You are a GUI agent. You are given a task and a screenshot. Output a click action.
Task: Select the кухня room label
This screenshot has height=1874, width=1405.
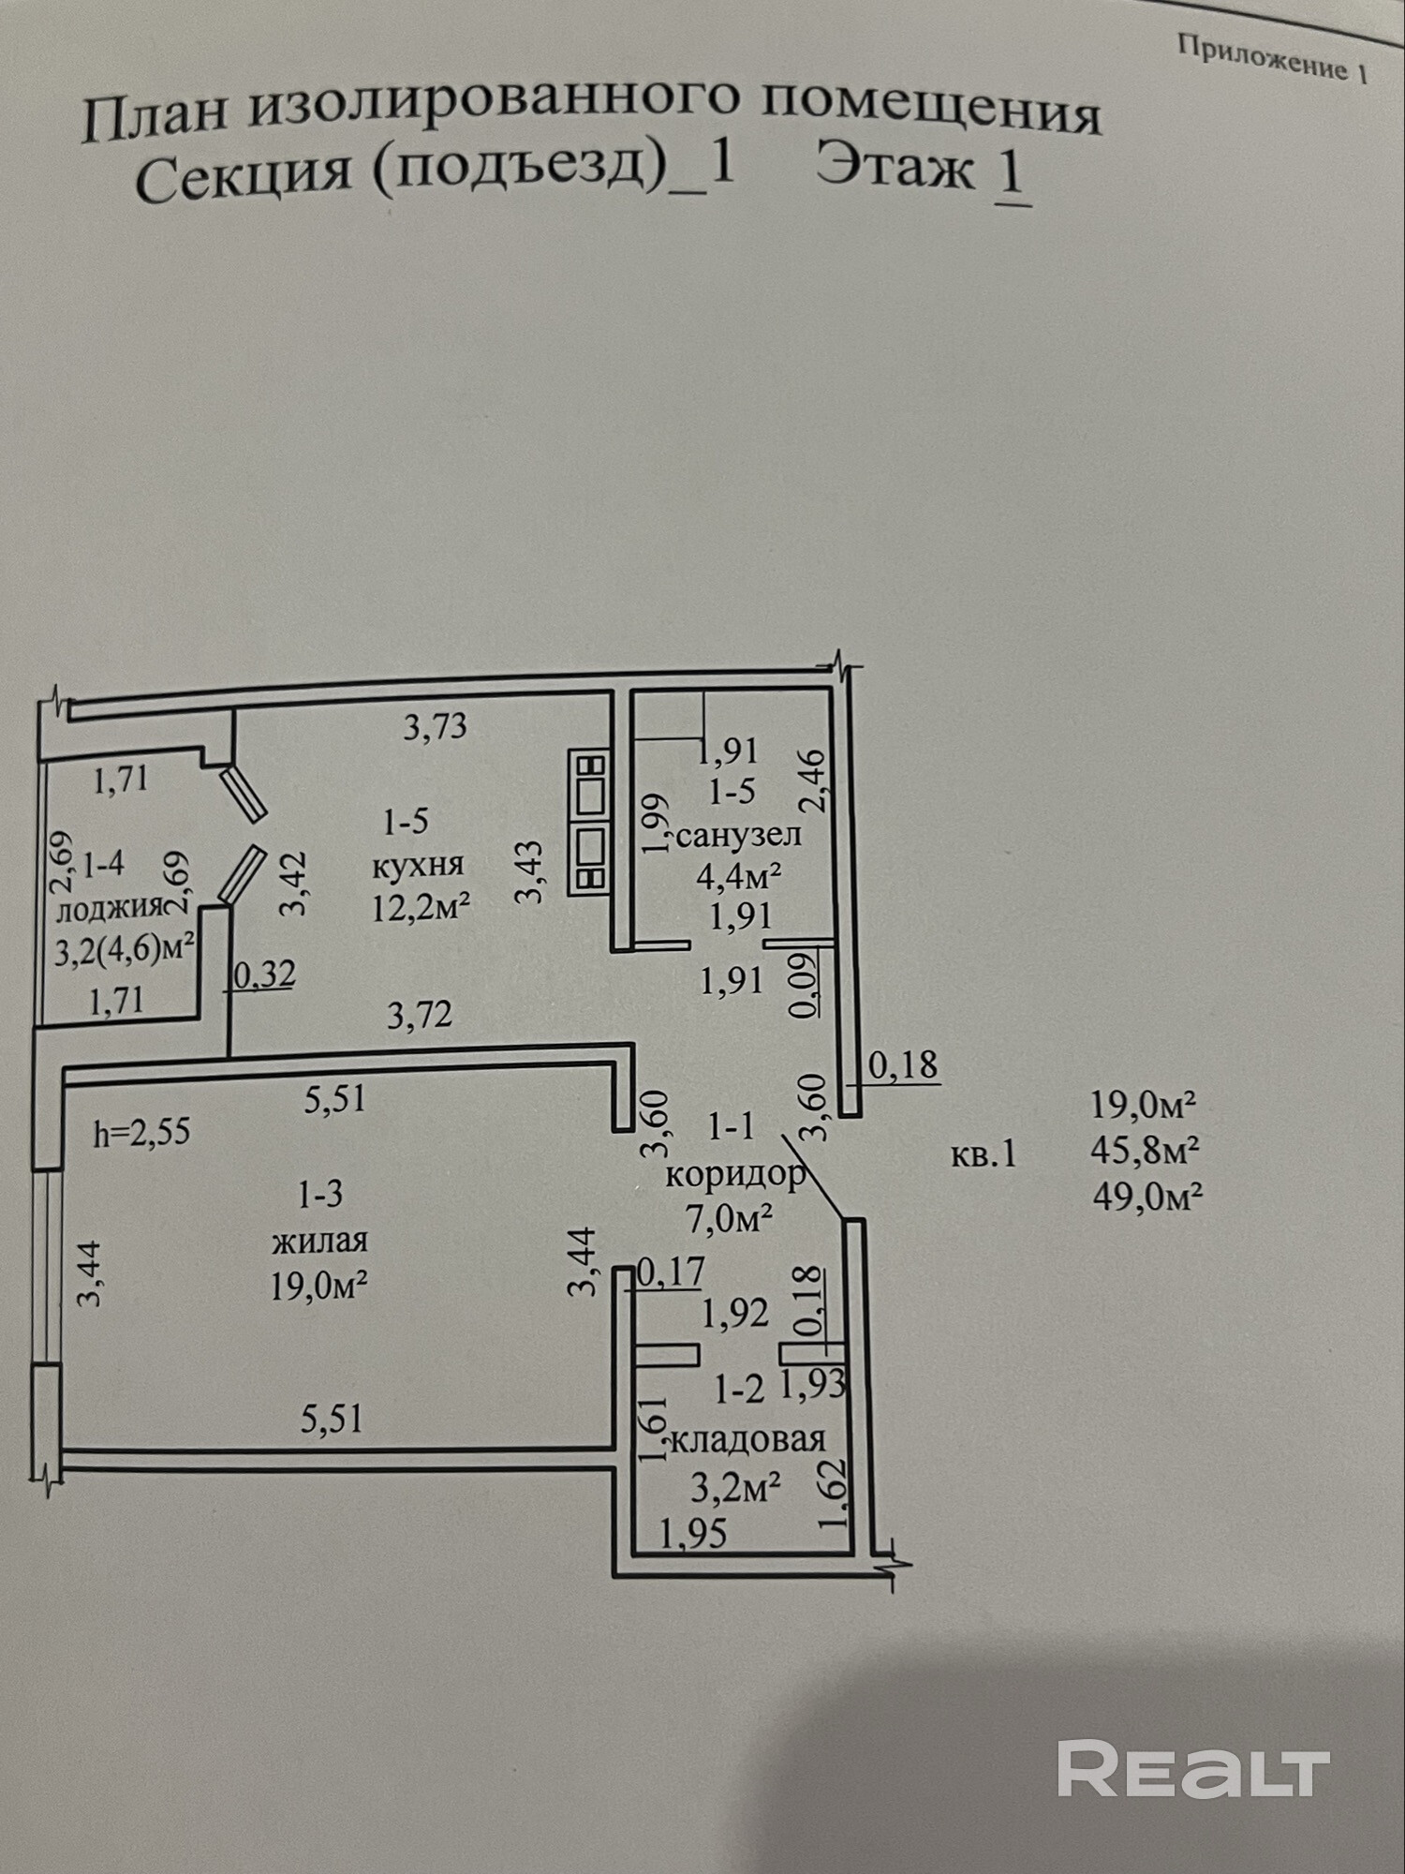click(x=418, y=865)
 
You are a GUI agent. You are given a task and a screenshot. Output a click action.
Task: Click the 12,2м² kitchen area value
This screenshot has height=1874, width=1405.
click(x=421, y=907)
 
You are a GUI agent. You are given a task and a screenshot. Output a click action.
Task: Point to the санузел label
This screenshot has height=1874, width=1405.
click(x=739, y=835)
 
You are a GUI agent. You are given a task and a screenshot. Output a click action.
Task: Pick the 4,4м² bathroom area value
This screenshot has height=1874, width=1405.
click(x=739, y=876)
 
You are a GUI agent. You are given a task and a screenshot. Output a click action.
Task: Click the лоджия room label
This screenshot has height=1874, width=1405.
click(x=111, y=909)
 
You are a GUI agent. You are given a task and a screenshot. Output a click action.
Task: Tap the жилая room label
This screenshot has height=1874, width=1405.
click(x=319, y=1242)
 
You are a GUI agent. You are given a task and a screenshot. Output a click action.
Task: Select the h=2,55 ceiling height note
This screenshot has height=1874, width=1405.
click(x=141, y=1133)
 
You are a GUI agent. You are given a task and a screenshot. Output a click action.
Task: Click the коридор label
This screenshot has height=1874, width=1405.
click(x=735, y=1174)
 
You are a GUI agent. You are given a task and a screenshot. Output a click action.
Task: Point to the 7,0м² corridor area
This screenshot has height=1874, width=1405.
click(x=730, y=1219)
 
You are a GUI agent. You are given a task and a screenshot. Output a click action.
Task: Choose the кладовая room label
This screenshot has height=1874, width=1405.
click(x=747, y=1438)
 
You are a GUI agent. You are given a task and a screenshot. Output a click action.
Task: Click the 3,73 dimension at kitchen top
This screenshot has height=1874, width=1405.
click(x=435, y=726)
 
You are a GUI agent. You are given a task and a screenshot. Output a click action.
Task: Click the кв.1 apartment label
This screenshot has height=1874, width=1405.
click(x=983, y=1154)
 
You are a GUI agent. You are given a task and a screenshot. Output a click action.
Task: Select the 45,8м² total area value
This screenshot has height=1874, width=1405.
click(x=1146, y=1150)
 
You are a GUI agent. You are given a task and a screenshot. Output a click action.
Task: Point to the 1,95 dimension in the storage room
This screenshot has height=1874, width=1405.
click(x=693, y=1534)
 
